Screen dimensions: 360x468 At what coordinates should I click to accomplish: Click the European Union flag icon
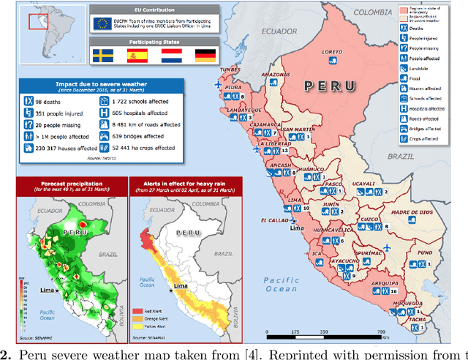click(x=101, y=23)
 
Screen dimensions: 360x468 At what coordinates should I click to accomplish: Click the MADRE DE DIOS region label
click(x=408, y=212)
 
